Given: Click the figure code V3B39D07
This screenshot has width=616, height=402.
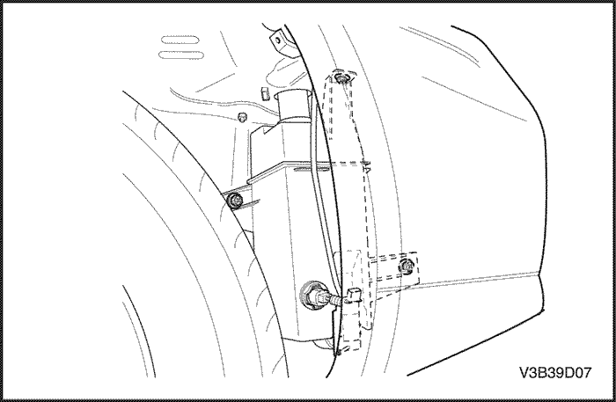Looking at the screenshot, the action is [555, 372].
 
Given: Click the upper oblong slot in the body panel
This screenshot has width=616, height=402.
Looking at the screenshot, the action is [180, 40].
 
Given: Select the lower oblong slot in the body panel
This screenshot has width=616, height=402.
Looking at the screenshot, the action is [179, 55].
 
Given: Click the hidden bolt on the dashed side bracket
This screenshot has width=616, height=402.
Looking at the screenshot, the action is [406, 267].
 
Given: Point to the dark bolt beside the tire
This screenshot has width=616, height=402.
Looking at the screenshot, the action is [236, 201].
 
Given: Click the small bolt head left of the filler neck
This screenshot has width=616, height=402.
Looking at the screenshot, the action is [243, 116].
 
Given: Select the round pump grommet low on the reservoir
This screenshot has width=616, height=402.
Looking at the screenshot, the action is [312, 295].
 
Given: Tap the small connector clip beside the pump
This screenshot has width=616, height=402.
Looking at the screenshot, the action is [354, 293].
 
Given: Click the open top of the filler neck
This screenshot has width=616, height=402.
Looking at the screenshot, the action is [295, 95].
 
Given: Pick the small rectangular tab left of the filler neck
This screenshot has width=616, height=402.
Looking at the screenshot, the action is [264, 94].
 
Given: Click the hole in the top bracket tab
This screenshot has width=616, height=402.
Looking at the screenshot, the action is [277, 40].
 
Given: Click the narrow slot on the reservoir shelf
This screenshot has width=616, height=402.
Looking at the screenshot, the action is [312, 169].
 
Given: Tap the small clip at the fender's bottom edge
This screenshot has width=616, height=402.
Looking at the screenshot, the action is [339, 352].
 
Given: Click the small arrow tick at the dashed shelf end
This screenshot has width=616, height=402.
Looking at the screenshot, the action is [367, 168].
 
